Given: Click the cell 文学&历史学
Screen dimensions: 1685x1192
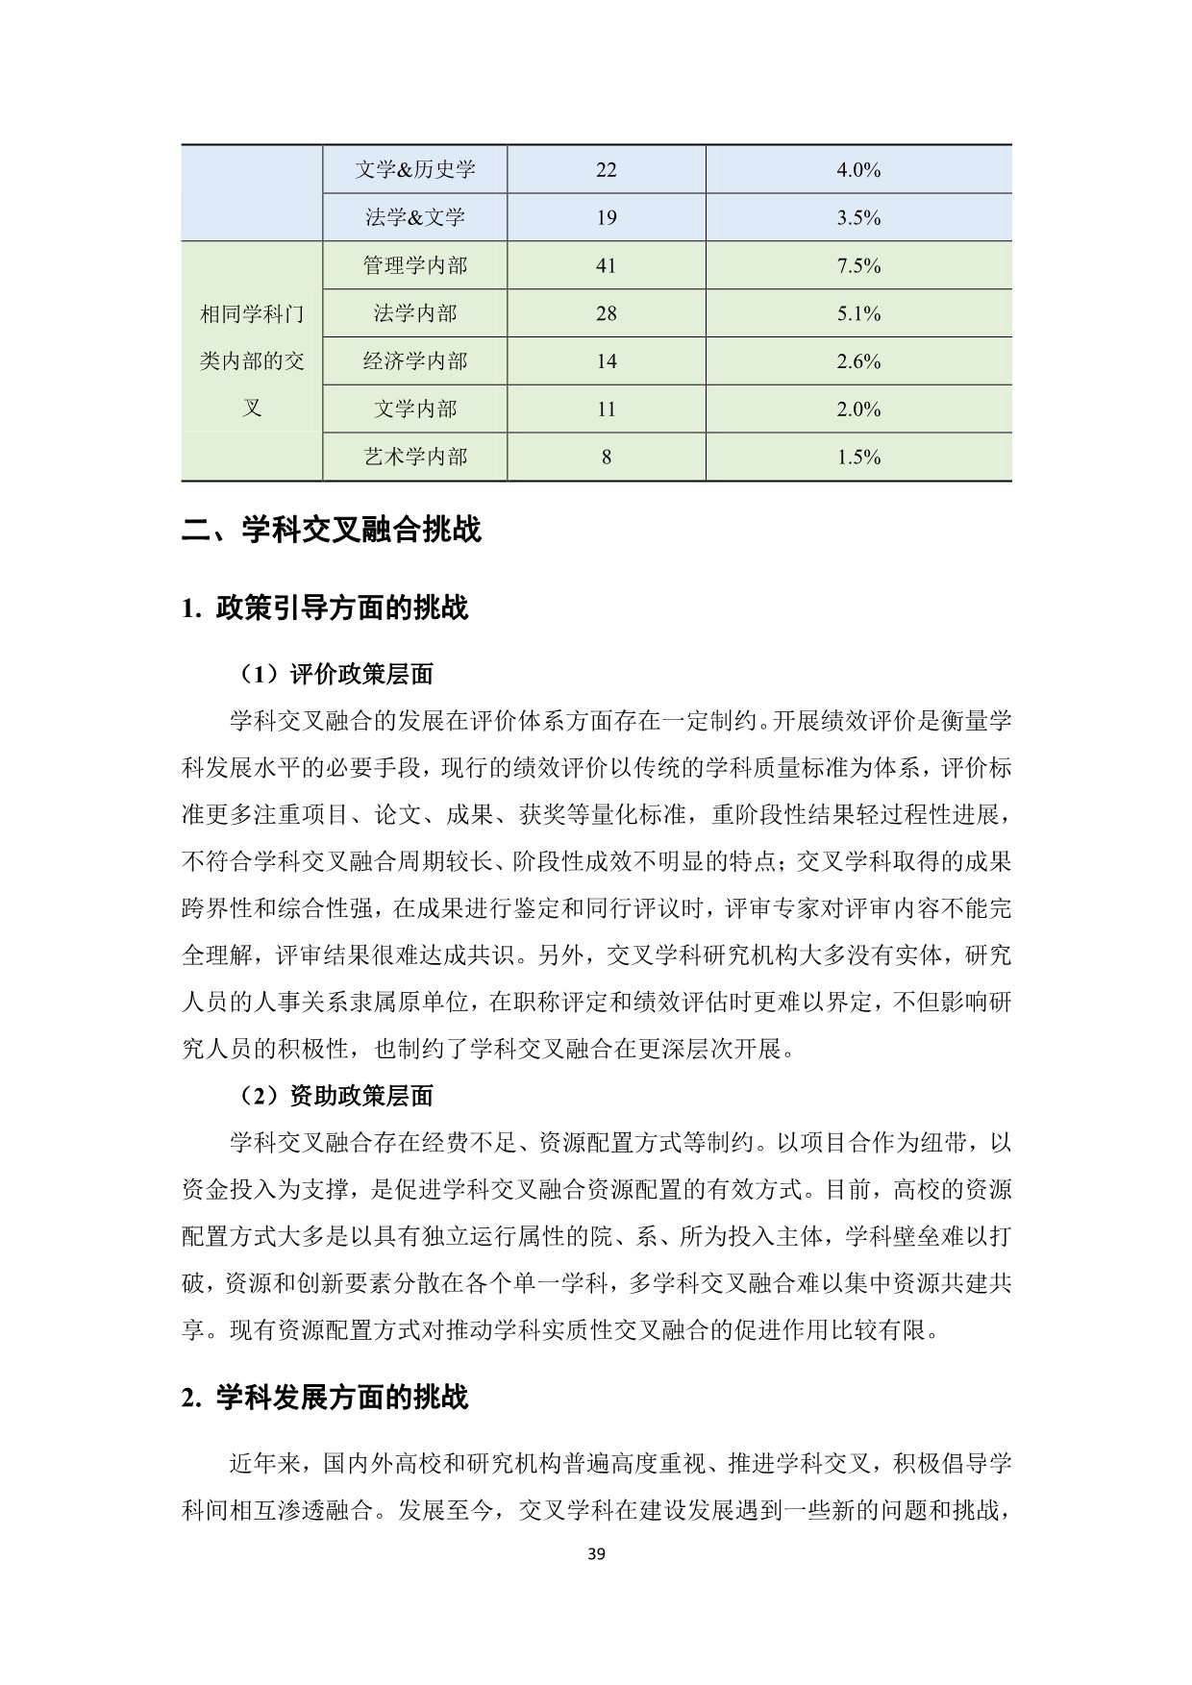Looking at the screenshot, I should pos(414,170).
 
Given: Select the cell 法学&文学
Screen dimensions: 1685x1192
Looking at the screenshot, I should pos(414,217).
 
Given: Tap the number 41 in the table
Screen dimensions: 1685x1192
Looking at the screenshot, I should pos(606,265).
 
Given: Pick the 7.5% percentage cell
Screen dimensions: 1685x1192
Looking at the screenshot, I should pos(858,265).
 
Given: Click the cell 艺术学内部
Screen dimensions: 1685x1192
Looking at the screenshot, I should pos(414,457).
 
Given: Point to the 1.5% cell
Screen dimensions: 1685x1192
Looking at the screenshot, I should pos(858,457).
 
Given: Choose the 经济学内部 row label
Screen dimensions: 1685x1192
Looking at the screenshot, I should pos(414,361).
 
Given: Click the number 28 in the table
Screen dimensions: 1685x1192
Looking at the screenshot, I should pos(606,313).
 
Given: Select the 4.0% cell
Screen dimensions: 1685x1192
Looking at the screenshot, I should pos(858,170).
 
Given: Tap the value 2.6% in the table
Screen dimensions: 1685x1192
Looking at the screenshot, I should pos(858,361).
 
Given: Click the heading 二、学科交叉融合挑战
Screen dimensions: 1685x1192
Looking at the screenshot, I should pos(332,530).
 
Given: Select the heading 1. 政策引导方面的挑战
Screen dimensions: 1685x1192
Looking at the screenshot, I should pos(324,608).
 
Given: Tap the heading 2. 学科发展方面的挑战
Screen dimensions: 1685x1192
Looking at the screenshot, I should pos(324,1398).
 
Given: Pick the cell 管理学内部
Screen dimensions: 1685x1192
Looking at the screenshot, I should pos(414,265).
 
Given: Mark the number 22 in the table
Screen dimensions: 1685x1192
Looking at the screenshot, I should pos(606,170).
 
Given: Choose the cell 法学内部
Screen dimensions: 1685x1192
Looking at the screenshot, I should pos(414,313).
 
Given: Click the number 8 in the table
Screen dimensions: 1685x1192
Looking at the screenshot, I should pos(606,457).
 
